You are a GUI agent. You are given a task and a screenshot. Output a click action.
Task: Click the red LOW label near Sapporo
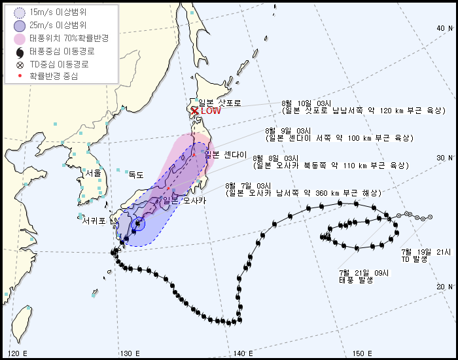(211, 111)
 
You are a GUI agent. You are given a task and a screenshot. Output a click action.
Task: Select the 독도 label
(135, 175)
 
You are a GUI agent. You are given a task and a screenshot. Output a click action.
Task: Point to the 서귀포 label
(94, 221)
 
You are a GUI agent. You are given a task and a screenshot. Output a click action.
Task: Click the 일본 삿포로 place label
(220, 103)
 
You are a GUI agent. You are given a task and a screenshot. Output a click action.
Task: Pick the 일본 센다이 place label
(226, 155)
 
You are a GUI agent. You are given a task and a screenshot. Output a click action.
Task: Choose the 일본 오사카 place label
(184, 200)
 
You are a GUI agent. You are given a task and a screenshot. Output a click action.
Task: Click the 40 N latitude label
(445, 28)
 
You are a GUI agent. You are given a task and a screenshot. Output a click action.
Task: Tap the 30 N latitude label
(445, 158)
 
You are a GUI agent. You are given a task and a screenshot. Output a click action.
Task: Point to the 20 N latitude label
(445, 287)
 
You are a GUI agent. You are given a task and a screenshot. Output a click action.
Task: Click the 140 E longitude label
(243, 353)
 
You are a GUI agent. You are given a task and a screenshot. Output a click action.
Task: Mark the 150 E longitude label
(356, 353)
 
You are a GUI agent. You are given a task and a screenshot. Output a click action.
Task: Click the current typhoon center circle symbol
(137, 225)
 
